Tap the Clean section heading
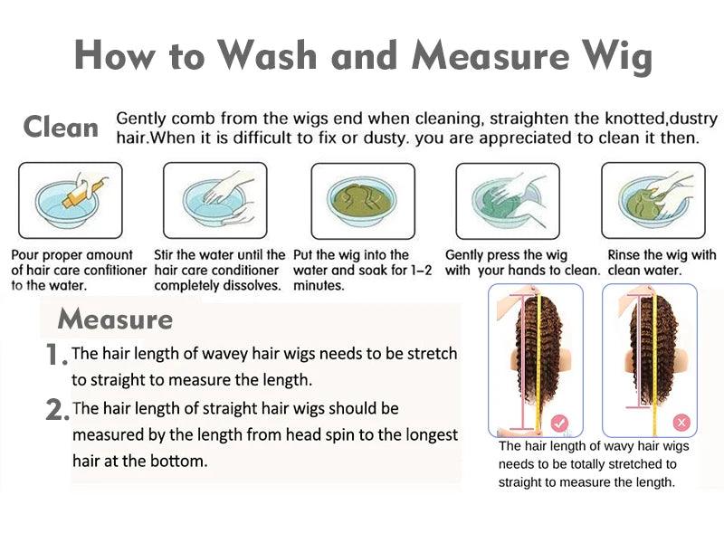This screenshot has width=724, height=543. tap(61, 127)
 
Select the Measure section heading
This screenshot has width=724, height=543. tap(115, 319)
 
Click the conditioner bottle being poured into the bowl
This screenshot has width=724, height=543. tap(83, 193)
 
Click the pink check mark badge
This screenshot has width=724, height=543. tap(559, 422)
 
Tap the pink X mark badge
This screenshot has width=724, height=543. tap(681, 422)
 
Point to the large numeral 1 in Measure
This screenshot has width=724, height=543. tap(53, 355)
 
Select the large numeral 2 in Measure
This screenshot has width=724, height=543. tap(55, 410)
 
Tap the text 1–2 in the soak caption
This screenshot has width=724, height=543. tap(418, 270)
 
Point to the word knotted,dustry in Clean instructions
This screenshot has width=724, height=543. tap(662, 119)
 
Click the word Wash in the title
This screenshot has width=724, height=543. tap(267, 56)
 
